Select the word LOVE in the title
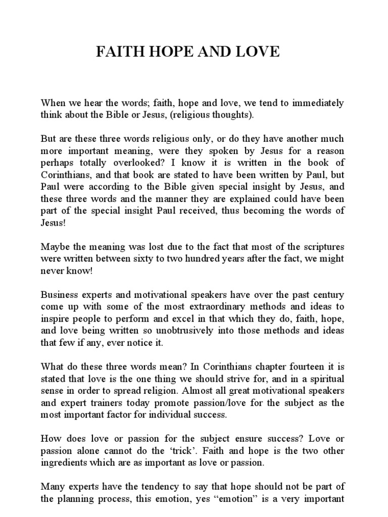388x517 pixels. pos(259,53)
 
